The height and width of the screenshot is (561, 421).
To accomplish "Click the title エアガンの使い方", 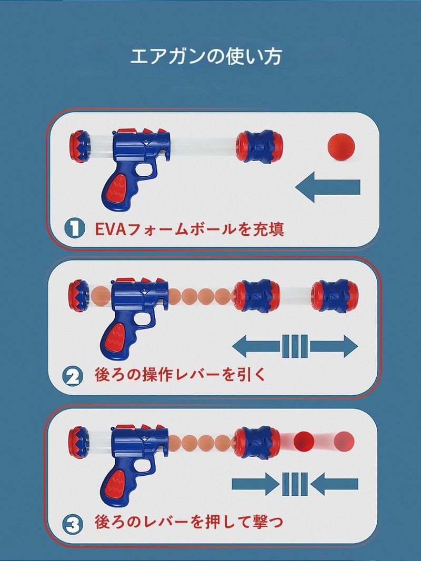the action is coord(206,57).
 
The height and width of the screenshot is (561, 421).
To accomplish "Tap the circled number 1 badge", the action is coord(75,228).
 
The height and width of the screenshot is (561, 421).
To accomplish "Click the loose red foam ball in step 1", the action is coord(342,146).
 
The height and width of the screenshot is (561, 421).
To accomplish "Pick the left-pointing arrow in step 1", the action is coord(328,187).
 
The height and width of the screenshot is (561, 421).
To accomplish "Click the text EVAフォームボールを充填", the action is coord(189,228).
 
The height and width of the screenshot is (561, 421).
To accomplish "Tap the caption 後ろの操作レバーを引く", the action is coord(181,375).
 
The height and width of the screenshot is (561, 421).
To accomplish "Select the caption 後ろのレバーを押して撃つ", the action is coord(189,522).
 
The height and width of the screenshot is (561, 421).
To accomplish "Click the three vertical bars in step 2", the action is coord(295,346).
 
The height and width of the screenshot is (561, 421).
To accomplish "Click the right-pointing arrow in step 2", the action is coord(334,346).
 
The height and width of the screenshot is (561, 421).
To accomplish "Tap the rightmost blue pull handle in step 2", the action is coord(334,295).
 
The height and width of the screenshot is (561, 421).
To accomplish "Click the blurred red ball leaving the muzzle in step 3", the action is coord(304,441).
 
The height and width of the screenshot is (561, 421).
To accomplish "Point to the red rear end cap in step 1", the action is coord(79,147).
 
